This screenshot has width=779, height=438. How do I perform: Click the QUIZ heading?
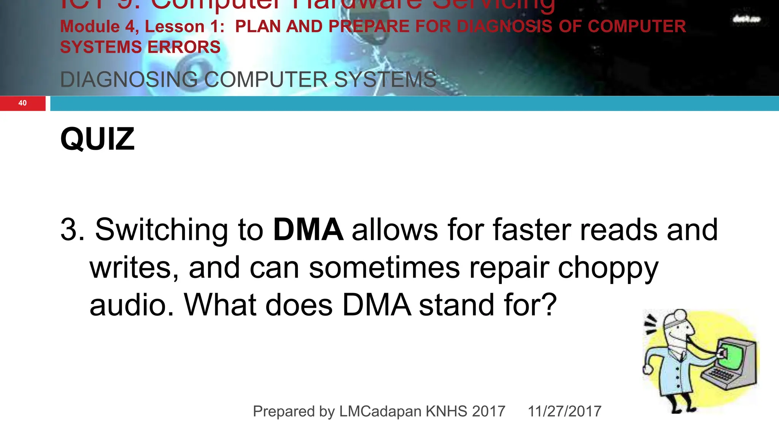(97, 139)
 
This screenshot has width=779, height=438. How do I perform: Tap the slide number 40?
(22, 103)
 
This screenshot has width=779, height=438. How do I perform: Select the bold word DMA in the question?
(308, 230)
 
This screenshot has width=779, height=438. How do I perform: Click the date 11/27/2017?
(564, 411)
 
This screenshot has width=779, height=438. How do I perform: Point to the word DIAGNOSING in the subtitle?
(129, 80)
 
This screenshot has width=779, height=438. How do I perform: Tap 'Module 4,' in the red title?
(100, 27)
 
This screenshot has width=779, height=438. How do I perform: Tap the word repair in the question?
(509, 268)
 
